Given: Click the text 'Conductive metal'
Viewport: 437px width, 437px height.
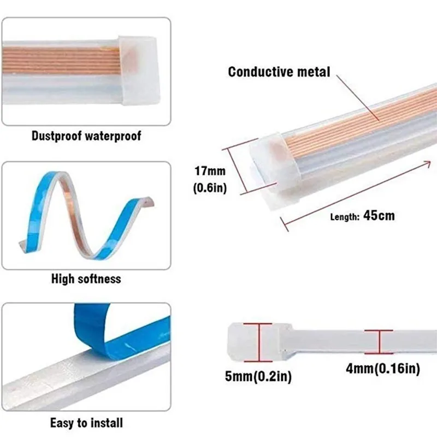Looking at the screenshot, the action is click(279, 72).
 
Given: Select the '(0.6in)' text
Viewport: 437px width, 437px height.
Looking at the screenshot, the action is click(210, 188).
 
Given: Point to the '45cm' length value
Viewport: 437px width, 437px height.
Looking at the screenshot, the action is click(379, 215).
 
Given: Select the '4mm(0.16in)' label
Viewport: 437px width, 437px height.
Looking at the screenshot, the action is click(383, 369).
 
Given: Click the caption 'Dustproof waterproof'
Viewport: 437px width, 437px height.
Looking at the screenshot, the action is click(86, 135).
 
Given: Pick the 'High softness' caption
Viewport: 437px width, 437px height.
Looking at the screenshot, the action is click(86, 279).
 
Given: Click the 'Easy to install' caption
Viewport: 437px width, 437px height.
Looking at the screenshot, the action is click(86, 422).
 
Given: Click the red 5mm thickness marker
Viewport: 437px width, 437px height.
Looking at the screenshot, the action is click(258, 341).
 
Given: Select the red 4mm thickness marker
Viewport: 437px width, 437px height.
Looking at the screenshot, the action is click(378, 341).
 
